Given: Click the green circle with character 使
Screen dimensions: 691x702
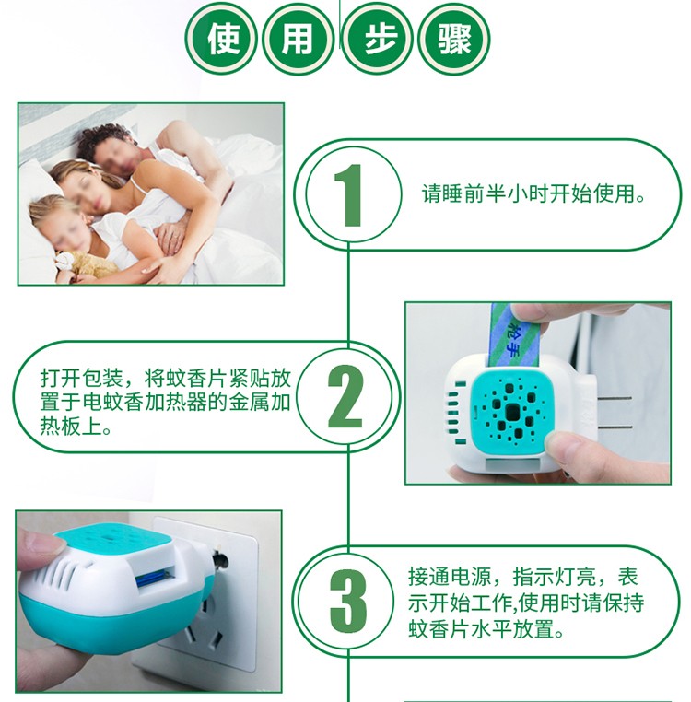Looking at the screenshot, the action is tap(221, 39).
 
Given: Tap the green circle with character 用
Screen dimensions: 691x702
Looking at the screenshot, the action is tap(298, 39).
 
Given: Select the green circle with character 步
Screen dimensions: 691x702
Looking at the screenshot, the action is tap(377, 39).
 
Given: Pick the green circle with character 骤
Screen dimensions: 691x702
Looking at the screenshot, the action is tap(453, 39).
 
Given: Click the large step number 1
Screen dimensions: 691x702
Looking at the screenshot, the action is tap(350, 195).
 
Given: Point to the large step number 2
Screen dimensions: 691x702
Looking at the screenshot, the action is tap(345, 396).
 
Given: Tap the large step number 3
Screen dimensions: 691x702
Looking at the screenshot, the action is tap(348, 601).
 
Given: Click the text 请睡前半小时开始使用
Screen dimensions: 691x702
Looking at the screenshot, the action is tap(533, 193).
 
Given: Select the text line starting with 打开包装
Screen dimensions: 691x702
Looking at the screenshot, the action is tap(166, 379).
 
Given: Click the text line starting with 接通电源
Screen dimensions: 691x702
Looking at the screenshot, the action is tap(522, 577).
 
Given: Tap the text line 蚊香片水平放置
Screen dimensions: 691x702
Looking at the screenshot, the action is tap(486, 628).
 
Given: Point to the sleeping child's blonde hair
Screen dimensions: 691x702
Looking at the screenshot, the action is tap(53, 209).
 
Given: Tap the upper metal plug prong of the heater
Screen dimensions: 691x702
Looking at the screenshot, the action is tap(614, 398).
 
